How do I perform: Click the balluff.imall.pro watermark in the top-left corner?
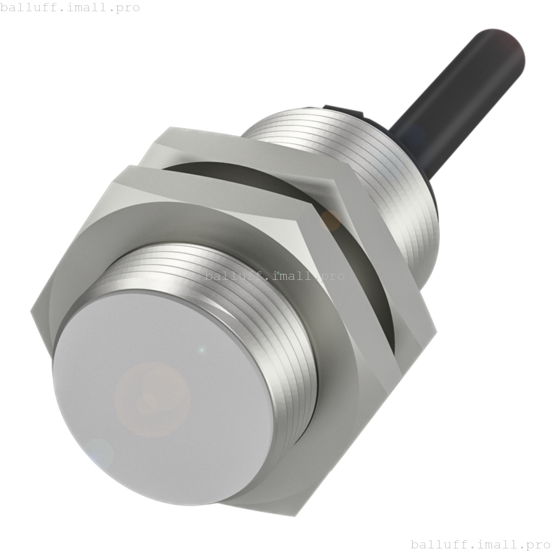point(70,7)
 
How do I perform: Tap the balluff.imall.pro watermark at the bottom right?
point(480,545)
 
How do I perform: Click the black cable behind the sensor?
point(456,99)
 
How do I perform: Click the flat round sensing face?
point(164,396)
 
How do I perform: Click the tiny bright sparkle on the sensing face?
point(201,350)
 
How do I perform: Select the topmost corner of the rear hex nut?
point(171,127)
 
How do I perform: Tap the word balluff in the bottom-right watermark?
point(435,545)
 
